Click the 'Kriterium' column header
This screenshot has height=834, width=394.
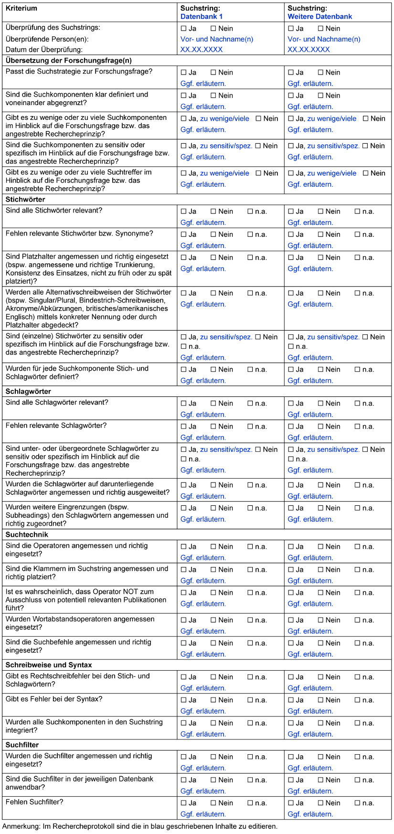[21, 8]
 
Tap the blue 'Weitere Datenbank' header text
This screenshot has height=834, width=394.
[319, 16]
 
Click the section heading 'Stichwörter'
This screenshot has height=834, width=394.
[25, 199]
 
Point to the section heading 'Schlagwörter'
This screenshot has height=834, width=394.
[28, 391]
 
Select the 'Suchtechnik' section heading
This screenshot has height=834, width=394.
[27, 535]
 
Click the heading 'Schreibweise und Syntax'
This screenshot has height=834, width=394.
[49, 665]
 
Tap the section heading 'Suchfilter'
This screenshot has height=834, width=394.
[22, 745]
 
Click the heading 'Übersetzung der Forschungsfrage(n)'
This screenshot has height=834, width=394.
[68, 61]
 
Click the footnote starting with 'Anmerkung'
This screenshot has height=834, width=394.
[139, 826]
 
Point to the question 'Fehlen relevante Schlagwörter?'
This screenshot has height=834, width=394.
[56, 425]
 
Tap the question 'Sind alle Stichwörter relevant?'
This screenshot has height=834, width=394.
[54, 210]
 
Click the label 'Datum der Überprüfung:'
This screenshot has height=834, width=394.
[44, 49]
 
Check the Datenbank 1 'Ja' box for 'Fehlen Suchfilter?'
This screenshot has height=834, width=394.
[184, 803]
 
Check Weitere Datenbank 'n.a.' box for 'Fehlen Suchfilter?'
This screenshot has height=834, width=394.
[357, 803]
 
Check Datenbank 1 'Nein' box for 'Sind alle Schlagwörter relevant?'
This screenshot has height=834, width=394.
[213, 404]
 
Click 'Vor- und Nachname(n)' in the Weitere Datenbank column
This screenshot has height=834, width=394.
[324, 39]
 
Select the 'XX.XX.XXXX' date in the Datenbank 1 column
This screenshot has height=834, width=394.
[202, 49]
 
